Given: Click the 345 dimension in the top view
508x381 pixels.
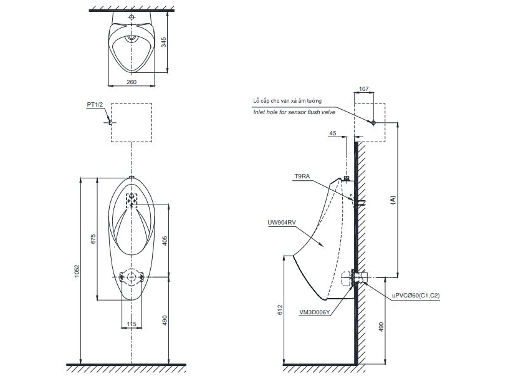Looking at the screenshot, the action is (163, 42).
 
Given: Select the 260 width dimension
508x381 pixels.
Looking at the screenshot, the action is (132, 82).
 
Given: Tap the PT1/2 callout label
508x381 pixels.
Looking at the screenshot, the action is (95, 105).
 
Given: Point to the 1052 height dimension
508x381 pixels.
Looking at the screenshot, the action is (77, 271).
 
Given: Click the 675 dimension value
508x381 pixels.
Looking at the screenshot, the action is (93, 239).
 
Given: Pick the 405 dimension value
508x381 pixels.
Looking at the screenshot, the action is (165, 241).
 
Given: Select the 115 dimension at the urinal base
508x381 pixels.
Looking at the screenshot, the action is (132, 324).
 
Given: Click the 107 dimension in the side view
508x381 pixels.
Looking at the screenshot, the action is (364, 89).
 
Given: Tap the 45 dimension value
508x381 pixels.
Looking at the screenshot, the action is (333, 133).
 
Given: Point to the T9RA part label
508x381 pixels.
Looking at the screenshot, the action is (302, 176).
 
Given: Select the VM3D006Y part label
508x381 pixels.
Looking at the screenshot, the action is (315, 312).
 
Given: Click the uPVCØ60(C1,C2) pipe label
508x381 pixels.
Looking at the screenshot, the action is (416, 296).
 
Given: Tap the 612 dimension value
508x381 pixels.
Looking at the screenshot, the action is (280, 310).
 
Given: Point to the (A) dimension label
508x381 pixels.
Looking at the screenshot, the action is (393, 200).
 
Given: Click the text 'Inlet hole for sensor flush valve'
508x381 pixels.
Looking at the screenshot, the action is (294, 112).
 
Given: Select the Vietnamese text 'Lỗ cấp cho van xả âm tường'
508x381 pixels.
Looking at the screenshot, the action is (287, 101).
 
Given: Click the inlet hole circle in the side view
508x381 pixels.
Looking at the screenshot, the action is (373, 123).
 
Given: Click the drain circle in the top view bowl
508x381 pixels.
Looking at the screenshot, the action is (132, 37).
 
